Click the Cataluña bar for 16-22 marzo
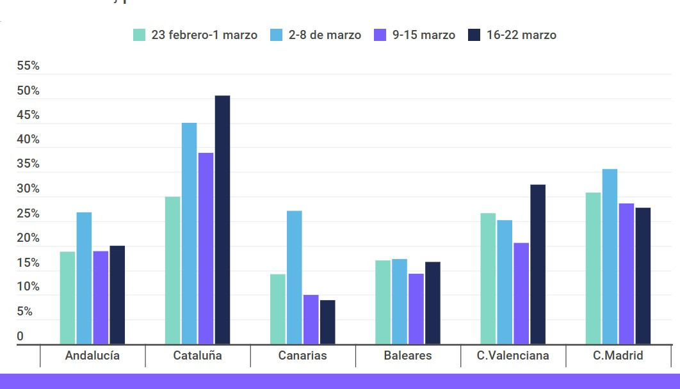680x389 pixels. tap(222, 219)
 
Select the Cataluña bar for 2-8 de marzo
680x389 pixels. tap(189, 233)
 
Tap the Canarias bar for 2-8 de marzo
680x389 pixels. tap(294, 277)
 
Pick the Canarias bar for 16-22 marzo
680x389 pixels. tap(327, 322)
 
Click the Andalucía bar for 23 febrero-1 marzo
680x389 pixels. tap(67, 298)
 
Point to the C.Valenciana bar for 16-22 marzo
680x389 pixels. tap(538, 264)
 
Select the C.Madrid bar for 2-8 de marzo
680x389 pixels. tap(610, 256)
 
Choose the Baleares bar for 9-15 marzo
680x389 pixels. tap(416, 308)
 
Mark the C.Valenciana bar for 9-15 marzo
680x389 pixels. tap(521, 293)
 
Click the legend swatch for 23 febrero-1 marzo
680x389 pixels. tap(140, 35)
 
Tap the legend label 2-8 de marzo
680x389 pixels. tap(325, 35)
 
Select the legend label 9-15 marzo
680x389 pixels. tap(423, 35)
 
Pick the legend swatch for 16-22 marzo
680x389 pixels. tap(474, 35)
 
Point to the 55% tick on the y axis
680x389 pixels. tap(28, 66)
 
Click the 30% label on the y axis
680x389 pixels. tap(28, 189)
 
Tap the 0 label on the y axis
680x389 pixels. tap(20, 337)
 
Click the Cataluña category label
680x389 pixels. tap(197, 356)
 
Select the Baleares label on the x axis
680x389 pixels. tap(408, 356)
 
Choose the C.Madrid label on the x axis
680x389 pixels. tap(618, 356)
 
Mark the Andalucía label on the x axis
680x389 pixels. tap(92, 356)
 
